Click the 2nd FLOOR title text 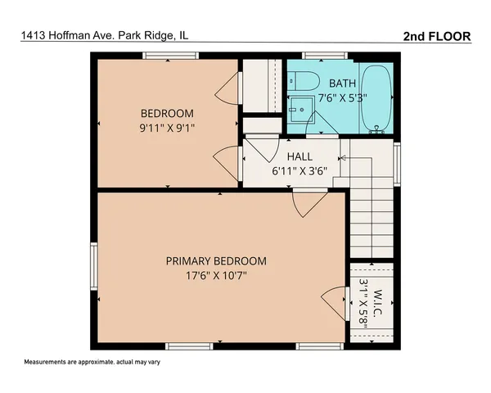(437, 36)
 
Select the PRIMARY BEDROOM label (216, 261)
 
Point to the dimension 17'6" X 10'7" (216, 276)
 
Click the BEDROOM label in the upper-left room (167, 113)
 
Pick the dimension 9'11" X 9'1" (167, 128)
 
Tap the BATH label (342, 84)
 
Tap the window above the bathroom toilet (314, 56)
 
